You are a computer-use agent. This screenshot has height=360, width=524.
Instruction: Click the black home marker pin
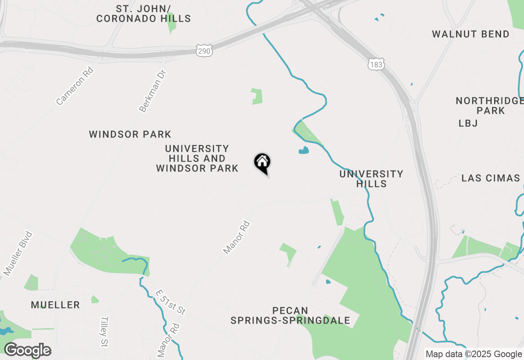(262, 163)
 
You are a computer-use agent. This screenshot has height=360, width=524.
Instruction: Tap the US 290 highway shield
(204, 51)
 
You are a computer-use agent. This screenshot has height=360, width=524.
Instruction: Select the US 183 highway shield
(375, 64)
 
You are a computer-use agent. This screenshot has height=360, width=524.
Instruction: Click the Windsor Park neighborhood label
(130, 134)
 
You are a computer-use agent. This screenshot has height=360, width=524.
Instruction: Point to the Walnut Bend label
(471, 34)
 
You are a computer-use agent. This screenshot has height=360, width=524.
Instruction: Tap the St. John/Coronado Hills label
(143, 13)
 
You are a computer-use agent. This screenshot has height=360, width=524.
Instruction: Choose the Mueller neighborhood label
(55, 305)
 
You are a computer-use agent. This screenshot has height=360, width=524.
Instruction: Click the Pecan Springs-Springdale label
(290, 315)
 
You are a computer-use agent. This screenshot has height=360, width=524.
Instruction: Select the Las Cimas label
(490, 178)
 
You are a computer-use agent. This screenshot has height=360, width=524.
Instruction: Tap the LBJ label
(468, 123)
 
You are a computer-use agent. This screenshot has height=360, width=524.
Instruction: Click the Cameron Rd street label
(75, 86)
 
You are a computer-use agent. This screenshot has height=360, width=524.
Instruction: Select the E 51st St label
(171, 303)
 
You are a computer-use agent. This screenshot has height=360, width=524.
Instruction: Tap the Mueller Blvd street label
(18, 253)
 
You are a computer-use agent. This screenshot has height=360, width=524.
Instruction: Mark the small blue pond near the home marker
(304, 151)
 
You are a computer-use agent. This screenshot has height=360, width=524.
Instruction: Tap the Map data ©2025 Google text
(474, 354)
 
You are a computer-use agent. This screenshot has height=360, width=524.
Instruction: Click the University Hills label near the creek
(371, 179)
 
